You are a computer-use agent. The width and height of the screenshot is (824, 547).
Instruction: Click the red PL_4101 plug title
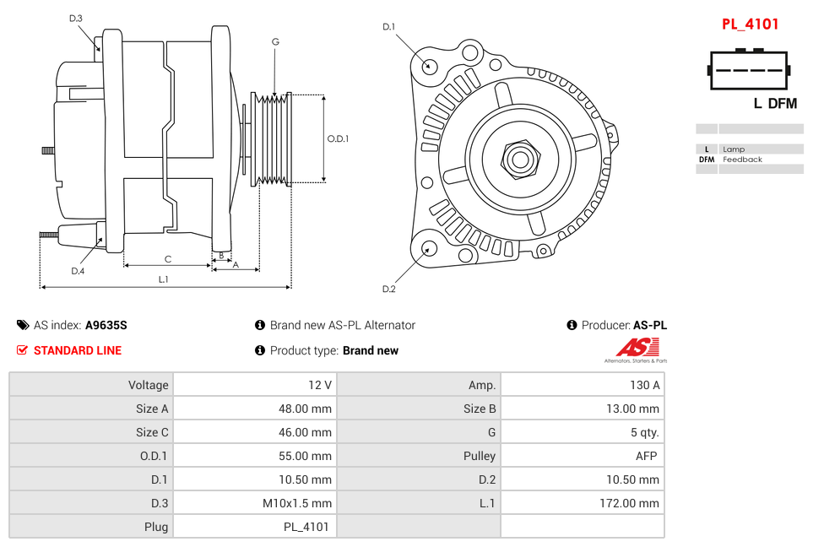(750, 24)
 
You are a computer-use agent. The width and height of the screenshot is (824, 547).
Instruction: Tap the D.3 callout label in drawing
(76, 19)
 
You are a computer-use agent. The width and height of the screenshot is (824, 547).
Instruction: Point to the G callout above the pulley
(275, 42)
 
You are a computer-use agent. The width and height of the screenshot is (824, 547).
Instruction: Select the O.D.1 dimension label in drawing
(338, 139)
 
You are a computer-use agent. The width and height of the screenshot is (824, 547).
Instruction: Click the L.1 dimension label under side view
(164, 279)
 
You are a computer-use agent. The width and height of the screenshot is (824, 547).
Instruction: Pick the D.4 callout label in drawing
(78, 271)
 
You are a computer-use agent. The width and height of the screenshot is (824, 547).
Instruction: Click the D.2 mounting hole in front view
(429, 248)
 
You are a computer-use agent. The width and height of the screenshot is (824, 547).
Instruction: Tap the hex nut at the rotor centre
(520, 158)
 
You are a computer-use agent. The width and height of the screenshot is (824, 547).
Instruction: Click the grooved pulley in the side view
(272, 138)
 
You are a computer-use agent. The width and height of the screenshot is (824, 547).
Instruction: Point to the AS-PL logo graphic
(636, 349)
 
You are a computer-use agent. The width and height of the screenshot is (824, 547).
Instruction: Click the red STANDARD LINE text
(77, 350)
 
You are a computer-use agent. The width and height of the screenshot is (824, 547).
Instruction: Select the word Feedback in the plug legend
(742, 160)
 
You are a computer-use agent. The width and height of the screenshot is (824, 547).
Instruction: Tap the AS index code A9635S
(106, 325)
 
